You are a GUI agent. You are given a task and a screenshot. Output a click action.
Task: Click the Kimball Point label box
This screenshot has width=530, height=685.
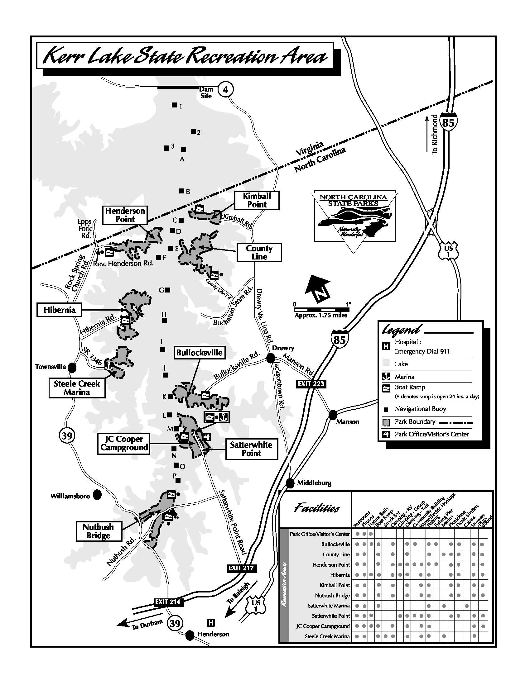[x=257, y=200]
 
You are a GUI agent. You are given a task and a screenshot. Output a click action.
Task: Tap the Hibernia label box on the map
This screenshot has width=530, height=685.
[x=59, y=310]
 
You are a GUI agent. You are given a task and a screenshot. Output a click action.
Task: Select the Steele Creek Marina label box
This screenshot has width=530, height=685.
[x=77, y=388]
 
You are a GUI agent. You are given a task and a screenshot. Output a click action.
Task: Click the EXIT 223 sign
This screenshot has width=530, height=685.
[x=311, y=384]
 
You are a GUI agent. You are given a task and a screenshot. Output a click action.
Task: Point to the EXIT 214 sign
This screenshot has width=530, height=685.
[x=168, y=602]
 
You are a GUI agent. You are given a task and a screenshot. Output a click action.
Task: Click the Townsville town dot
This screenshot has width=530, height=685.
[x=72, y=367]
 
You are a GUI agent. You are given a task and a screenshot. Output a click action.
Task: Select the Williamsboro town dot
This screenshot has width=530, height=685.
[x=97, y=495]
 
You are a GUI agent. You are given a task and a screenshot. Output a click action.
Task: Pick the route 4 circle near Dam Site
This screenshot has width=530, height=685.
[x=225, y=90]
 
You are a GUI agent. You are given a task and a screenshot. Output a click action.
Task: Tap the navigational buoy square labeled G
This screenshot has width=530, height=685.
[x=168, y=290]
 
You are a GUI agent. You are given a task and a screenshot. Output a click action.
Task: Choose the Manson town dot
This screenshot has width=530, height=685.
[x=333, y=415]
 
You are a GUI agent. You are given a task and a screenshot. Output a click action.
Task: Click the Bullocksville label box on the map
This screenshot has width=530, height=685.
[x=200, y=353]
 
